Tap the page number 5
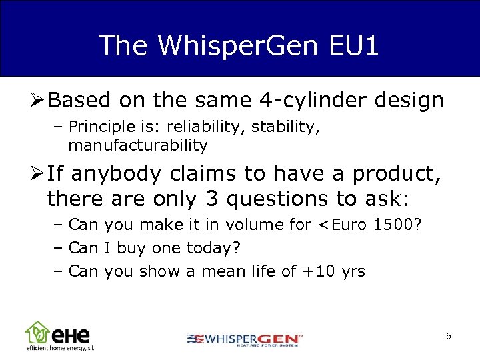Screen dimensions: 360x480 (449, 337)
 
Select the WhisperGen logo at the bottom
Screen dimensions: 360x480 (245, 339)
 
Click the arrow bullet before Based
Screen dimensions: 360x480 (37, 101)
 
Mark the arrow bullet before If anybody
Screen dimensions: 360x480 (37, 174)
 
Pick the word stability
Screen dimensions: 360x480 (281, 127)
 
